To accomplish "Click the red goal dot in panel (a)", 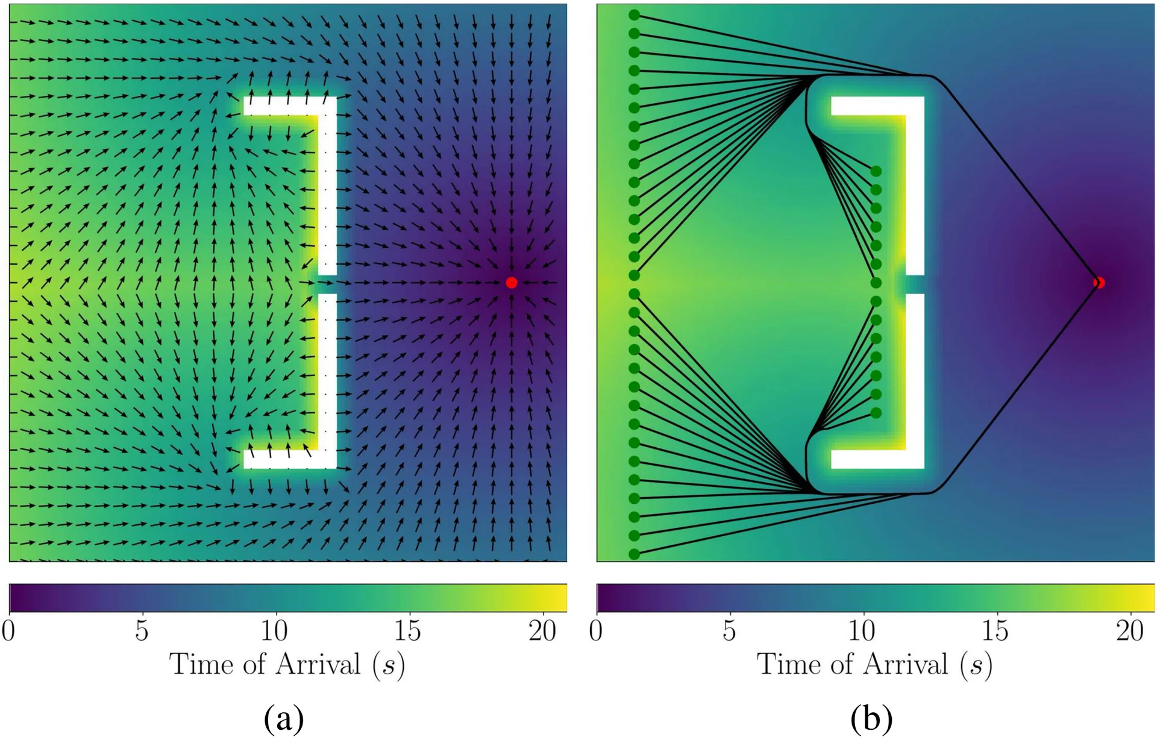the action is [512, 283].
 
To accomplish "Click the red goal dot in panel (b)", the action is [1099, 283].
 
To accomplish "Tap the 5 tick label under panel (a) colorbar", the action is [142, 630].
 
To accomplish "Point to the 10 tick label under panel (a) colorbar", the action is [274, 630].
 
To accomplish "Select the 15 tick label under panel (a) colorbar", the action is [407, 630].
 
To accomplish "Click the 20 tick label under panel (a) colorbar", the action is [542, 630].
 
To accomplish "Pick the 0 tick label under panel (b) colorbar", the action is [596, 630].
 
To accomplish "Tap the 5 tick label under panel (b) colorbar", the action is [729, 630].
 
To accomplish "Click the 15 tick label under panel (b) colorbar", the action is [995, 630].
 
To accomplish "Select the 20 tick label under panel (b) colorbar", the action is [1129, 630].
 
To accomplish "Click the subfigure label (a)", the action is [284, 719].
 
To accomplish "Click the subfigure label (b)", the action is [871, 719].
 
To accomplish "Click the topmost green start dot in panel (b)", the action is [634, 15].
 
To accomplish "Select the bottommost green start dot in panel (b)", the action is [634, 554].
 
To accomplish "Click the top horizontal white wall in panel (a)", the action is [290, 105].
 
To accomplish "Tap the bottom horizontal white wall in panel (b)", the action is [877, 459].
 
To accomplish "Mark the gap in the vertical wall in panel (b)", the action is [915, 284].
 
